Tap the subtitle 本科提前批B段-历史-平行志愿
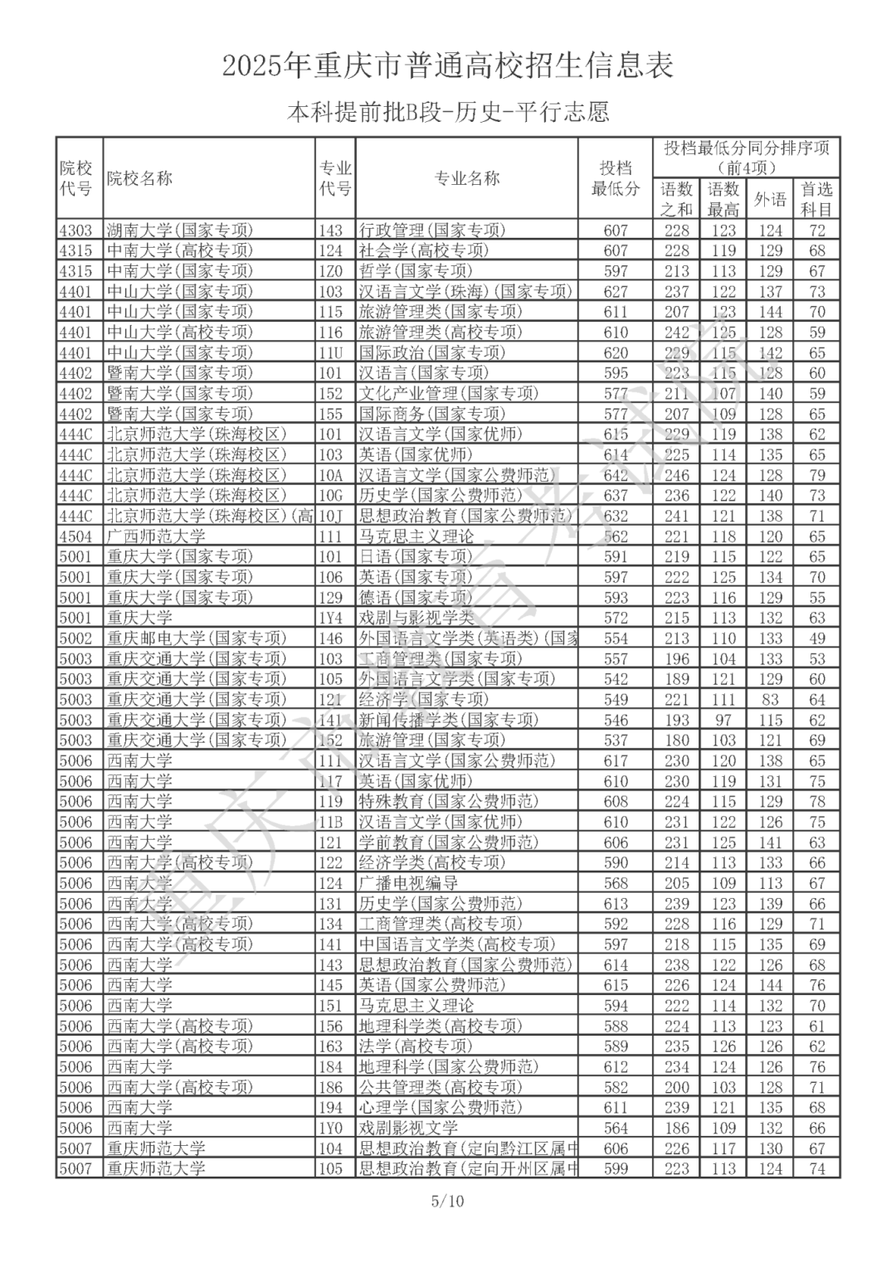click(448, 111)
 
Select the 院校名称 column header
click(139, 178)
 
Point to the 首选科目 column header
click(816, 199)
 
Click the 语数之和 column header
click(676, 199)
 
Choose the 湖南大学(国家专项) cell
click(179, 231)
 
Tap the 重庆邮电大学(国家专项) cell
click(196, 638)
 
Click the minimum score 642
click(616, 475)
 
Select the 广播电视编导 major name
click(408, 883)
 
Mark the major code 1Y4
click(330, 618)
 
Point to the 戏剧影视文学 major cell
click(408, 1128)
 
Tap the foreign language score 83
click(770, 700)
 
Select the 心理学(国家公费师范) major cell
click(440, 1108)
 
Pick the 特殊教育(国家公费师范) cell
click(448, 802)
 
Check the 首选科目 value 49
click(817, 638)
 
